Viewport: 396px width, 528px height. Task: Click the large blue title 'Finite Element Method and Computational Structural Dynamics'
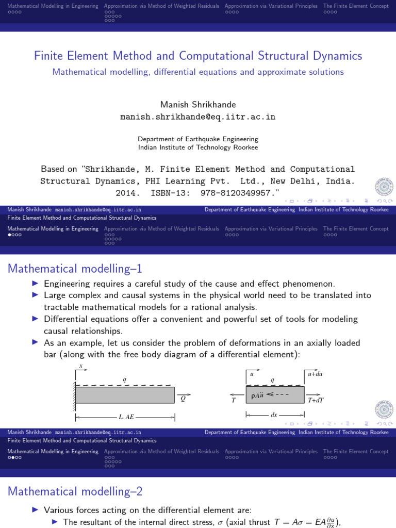198,56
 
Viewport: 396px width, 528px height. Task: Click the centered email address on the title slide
198,117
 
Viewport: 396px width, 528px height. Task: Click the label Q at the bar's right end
183,398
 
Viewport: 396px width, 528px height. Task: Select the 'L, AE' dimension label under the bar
126,416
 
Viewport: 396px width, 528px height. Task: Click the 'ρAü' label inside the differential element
258,396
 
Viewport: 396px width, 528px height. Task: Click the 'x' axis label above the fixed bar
81,366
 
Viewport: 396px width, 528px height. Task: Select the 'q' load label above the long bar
124,379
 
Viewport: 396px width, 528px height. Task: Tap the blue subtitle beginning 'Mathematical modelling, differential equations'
198,72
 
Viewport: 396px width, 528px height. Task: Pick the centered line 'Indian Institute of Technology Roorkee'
198,147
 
